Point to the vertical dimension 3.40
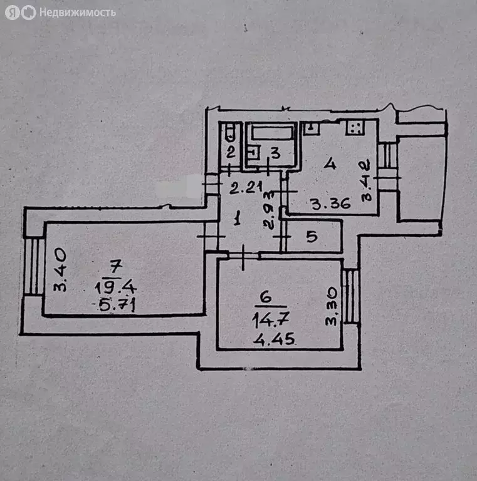coord(60,270)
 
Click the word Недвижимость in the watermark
coord(77,12)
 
